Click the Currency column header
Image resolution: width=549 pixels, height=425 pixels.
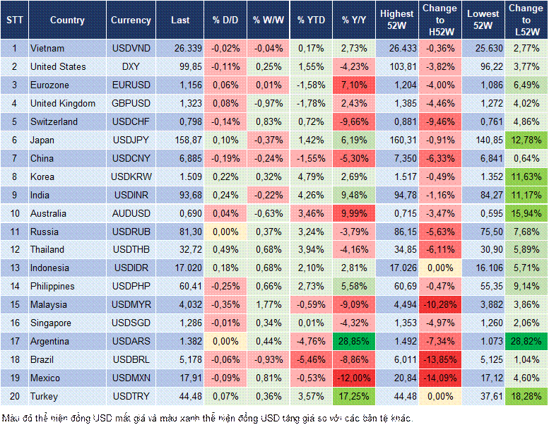tap(131, 20)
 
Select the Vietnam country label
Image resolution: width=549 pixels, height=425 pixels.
tap(47, 48)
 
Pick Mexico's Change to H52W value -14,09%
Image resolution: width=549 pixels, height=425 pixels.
tap(439, 378)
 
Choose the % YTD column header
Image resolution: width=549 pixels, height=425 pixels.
tap(311, 20)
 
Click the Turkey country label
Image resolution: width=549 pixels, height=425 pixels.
tap(44, 396)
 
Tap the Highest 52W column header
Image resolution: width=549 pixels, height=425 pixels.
tap(396, 20)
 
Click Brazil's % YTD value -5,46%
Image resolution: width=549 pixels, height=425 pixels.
tap(311, 359)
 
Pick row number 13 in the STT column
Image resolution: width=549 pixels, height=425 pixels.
tap(14, 268)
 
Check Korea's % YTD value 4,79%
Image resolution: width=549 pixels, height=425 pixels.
tap(311, 176)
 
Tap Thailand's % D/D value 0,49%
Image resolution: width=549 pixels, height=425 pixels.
tap(224, 249)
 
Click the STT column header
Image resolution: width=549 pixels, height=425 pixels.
tap(14, 20)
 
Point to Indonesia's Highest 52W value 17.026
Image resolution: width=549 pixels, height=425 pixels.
tap(396, 268)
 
